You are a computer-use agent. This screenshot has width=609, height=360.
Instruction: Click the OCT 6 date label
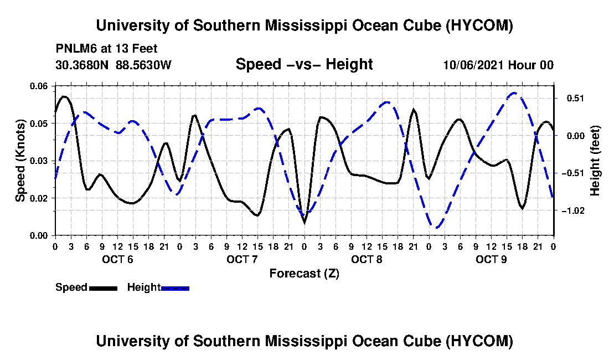click(x=117, y=259)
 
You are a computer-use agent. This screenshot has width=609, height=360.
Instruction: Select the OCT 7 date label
click(x=242, y=259)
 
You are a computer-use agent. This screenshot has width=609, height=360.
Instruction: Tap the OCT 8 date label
click(x=367, y=259)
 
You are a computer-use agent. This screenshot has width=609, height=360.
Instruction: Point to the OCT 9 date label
click(x=491, y=259)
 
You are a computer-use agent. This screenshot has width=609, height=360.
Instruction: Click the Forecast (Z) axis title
click(x=304, y=274)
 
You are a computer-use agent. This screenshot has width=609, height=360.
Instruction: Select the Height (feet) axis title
click(x=595, y=161)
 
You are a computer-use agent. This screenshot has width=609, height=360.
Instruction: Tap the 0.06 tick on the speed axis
click(x=38, y=86)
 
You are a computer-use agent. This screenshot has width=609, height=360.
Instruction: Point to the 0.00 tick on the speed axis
click(x=38, y=235)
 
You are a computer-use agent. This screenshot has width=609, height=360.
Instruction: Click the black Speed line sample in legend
click(x=104, y=288)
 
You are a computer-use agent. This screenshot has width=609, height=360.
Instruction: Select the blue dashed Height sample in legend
click(x=175, y=288)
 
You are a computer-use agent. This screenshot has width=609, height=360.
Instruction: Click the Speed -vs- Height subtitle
click(x=304, y=64)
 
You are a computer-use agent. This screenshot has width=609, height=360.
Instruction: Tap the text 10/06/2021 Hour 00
click(x=498, y=65)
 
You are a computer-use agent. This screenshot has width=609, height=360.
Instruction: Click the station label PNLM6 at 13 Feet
click(x=106, y=49)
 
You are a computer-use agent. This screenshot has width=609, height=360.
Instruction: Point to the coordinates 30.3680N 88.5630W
click(x=113, y=65)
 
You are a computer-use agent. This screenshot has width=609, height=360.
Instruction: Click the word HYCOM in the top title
click(x=479, y=25)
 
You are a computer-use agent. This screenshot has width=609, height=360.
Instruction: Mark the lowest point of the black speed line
click(x=304, y=223)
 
